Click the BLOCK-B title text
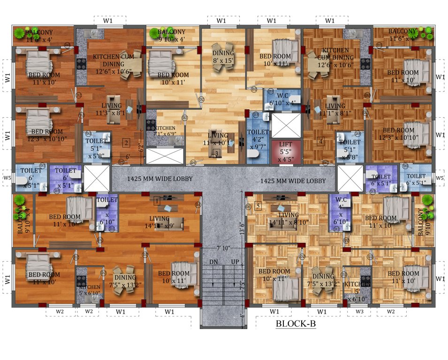tap(295, 324)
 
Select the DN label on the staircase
tap(213, 262)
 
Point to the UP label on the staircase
tap(235, 262)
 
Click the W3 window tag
tap(359, 311)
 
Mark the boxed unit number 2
tap(126, 142)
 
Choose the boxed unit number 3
tap(216, 153)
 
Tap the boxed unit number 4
tap(321, 141)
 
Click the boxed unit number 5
tap(258, 205)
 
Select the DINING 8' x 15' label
tap(223, 57)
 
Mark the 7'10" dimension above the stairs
tap(224, 248)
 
